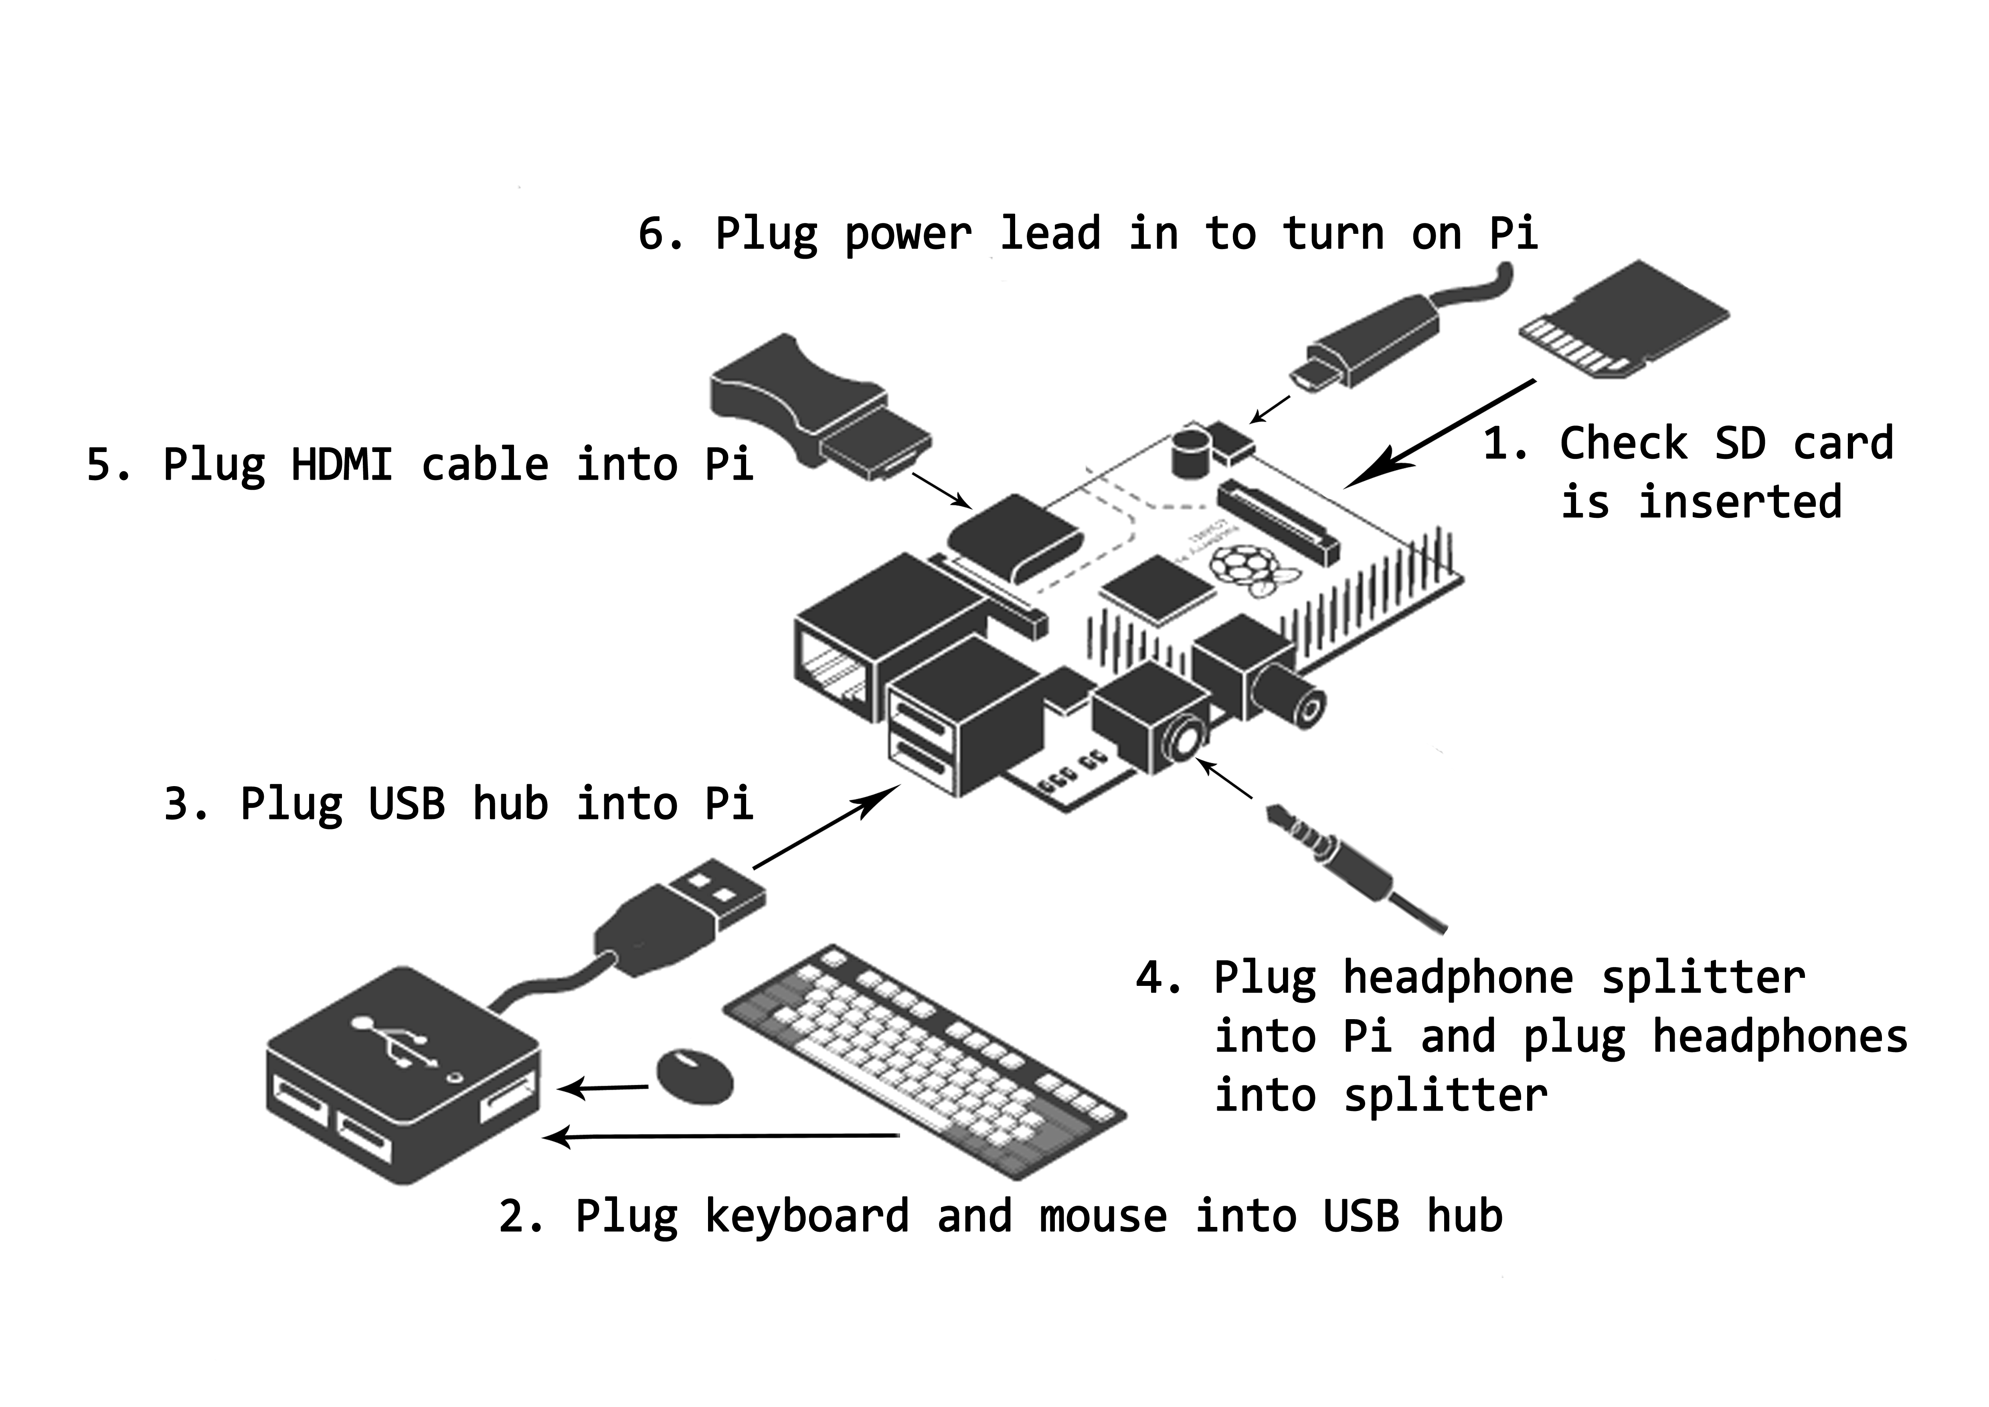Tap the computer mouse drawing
pos(695,1077)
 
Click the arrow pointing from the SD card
pos(1438,433)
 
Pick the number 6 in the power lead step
pos(652,234)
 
